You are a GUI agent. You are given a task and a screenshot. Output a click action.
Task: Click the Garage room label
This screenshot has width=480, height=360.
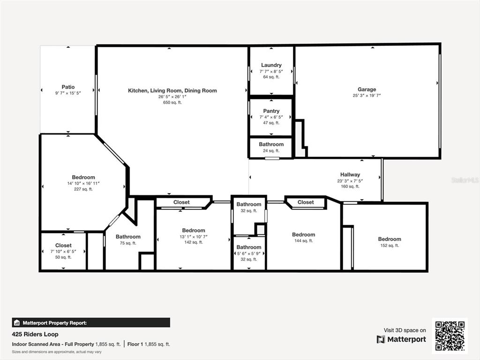(x=367, y=90)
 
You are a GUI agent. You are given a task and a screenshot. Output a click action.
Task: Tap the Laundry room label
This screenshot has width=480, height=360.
(x=271, y=65)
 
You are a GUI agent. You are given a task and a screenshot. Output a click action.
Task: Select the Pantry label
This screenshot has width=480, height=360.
(x=271, y=111)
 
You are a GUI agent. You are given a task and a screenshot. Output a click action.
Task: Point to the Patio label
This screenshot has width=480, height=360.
(x=68, y=87)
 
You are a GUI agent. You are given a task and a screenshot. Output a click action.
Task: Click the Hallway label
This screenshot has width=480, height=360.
(x=350, y=174)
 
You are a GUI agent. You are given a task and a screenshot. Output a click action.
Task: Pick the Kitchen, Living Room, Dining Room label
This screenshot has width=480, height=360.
(x=172, y=90)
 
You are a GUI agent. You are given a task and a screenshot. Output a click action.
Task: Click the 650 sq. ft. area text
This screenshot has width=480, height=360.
(x=172, y=103)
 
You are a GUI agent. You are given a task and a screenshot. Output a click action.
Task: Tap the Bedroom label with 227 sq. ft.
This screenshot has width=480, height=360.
(x=83, y=177)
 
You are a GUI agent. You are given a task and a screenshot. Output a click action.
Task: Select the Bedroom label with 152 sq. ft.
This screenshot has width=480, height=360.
(x=390, y=239)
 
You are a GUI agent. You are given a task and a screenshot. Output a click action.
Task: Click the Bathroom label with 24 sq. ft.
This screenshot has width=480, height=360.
(x=271, y=144)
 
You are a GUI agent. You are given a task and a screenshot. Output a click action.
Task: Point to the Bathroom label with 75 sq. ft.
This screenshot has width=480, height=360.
(x=128, y=237)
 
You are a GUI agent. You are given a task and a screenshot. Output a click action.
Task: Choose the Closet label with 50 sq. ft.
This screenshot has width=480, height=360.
(x=63, y=245)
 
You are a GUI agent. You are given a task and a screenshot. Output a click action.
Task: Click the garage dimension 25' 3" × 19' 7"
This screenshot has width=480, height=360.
(x=367, y=96)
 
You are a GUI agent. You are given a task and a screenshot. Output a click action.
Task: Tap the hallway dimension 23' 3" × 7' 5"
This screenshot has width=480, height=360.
(x=350, y=180)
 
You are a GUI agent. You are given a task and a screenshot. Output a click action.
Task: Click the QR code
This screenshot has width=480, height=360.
(x=450, y=336)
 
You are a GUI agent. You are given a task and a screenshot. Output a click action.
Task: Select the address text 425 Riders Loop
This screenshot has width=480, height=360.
(x=35, y=334)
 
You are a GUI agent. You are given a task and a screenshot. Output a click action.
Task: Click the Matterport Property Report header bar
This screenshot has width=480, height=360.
(x=91, y=322)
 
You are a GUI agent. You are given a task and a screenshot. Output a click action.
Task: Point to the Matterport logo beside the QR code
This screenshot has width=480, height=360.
(x=401, y=339)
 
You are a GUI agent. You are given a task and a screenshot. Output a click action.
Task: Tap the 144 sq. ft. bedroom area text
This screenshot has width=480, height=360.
(x=303, y=241)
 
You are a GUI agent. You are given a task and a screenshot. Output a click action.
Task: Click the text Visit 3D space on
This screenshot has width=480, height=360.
(x=405, y=330)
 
